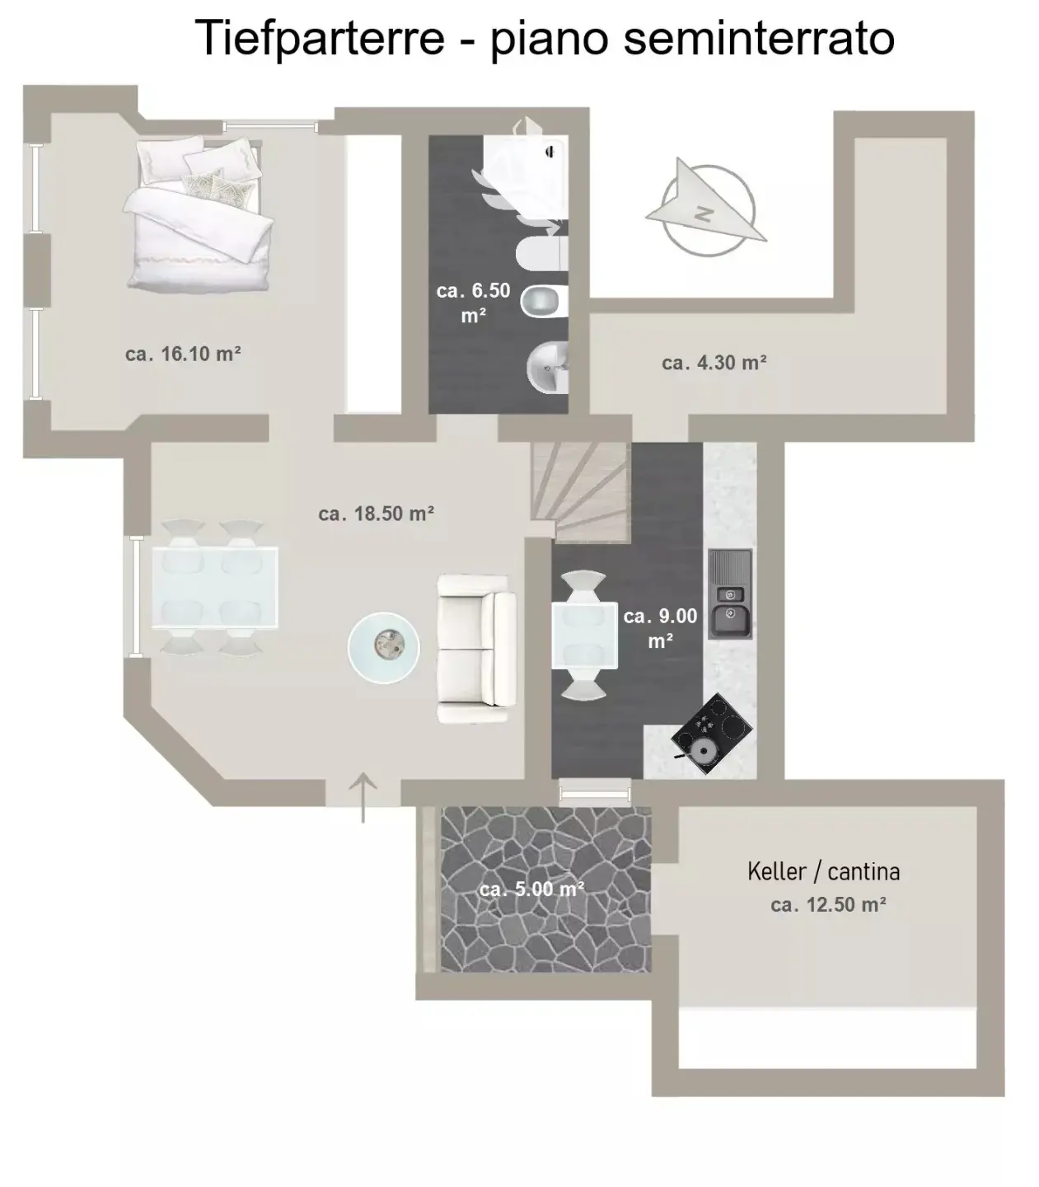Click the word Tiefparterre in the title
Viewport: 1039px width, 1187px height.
[x=320, y=38]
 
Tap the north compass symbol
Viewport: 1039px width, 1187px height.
[x=706, y=209]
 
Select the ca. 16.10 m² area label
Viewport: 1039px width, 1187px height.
[x=183, y=354]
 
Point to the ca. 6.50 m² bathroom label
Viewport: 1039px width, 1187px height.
[x=473, y=303]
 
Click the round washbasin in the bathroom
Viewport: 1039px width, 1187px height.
[x=547, y=368]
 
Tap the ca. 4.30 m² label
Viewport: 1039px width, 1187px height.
[x=714, y=363]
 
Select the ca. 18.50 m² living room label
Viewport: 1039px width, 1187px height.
[x=377, y=514]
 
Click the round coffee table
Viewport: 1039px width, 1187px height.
[x=383, y=647]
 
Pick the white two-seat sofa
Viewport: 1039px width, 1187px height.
[x=476, y=649]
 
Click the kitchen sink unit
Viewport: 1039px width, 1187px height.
[x=730, y=594]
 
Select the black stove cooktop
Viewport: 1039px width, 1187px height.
[x=712, y=733]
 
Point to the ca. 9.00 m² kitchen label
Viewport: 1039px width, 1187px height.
[x=660, y=628]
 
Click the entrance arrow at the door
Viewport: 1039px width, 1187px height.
[x=363, y=797]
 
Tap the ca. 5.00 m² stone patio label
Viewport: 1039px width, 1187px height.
[x=531, y=889]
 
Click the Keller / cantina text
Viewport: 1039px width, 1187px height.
[x=823, y=871]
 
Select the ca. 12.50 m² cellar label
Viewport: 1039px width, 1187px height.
[x=828, y=905]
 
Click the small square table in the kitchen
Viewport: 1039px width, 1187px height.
[x=584, y=636]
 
